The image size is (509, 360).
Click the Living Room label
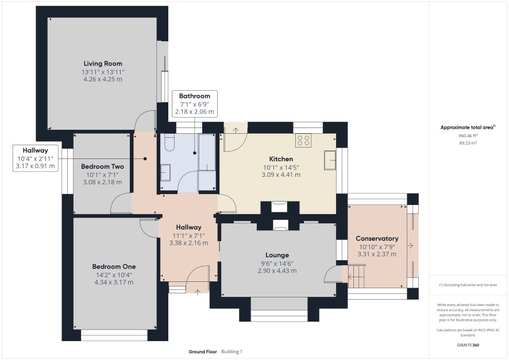103,64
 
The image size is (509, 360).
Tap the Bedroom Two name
102,167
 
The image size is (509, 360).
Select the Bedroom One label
114,266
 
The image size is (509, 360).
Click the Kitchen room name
281,159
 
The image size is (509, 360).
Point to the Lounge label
277,256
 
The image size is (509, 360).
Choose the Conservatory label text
377,238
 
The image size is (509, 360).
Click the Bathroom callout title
194,96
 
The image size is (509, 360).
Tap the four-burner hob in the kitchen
303,140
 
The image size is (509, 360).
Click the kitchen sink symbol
330,160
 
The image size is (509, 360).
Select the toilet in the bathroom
169,143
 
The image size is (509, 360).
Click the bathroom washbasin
165,172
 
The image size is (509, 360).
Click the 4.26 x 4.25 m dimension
103,79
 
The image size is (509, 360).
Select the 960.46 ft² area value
468,136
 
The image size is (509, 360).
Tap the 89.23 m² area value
468,143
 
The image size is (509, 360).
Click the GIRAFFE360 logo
468,344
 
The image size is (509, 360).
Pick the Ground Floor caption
203,351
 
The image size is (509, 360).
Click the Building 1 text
232,351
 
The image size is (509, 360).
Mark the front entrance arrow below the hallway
198,293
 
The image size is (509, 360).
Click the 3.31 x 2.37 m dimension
377,254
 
